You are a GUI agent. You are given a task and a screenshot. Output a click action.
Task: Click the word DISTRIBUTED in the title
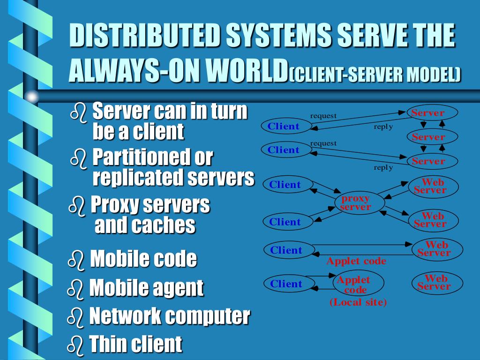143,36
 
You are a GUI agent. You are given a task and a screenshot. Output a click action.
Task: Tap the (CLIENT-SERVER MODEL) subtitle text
375,74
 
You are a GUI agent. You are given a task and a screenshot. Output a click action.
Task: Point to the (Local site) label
358,302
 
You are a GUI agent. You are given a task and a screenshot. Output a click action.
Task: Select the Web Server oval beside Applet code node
436,283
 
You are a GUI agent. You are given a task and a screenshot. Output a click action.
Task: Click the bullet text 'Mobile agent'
146,288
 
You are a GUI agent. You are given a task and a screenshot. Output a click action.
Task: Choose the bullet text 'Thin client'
135,344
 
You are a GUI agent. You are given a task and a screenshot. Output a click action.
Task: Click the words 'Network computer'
169,316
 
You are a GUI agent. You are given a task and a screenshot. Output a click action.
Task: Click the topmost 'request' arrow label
323,116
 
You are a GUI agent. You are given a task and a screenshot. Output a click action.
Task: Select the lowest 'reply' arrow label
383,168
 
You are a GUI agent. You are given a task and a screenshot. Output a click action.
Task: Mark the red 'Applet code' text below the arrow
356,261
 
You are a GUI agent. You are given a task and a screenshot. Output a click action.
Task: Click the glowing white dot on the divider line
31,97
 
